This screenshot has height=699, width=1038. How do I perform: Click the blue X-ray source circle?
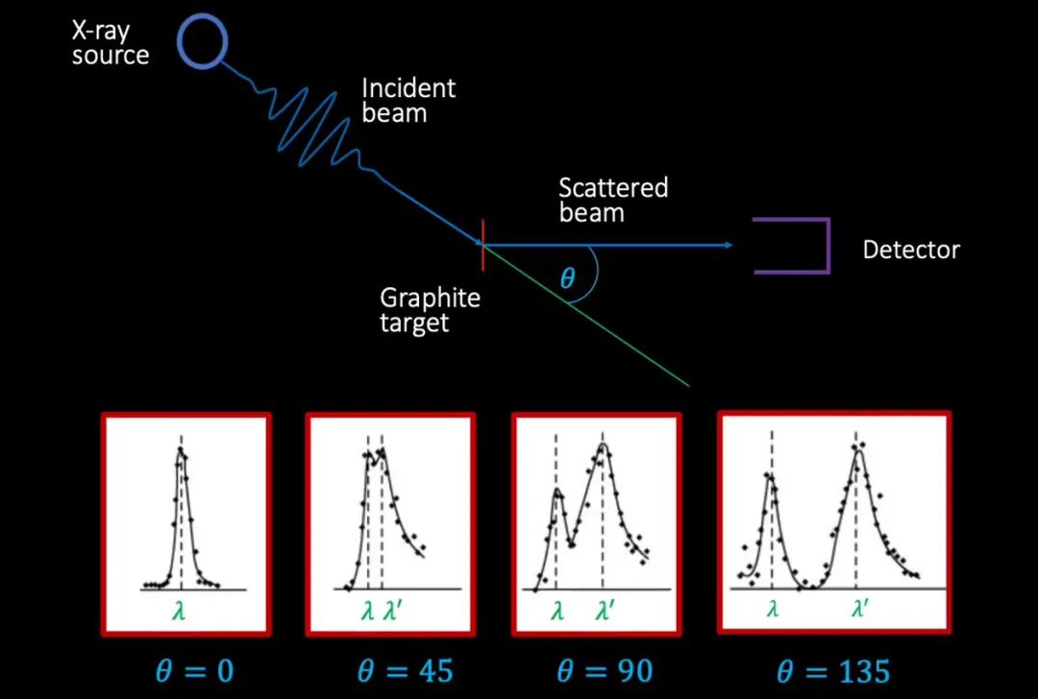(x=203, y=42)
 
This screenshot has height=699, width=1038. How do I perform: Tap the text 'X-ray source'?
(x=111, y=43)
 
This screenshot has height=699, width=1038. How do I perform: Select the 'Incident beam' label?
(x=408, y=101)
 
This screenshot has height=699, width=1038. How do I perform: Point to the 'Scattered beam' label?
(x=613, y=200)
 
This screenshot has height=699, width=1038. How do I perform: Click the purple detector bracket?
(x=792, y=246)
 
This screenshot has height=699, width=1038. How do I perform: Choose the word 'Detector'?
(x=911, y=250)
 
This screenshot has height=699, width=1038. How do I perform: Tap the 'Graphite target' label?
(x=430, y=310)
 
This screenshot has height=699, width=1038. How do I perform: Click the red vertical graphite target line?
(x=483, y=245)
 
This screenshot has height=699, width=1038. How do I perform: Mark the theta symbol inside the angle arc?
(x=567, y=278)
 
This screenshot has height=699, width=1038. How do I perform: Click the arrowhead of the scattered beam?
(x=729, y=246)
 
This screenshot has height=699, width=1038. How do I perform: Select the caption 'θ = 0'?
(x=194, y=672)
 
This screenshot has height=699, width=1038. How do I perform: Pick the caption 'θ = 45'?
(x=406, y=672)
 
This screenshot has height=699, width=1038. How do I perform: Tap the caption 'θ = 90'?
(x=605, y=672)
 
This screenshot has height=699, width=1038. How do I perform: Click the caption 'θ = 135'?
(x=832, y=672)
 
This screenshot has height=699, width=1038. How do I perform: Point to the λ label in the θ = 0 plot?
(x=179, y=611)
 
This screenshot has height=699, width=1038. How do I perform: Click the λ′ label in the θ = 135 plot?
(x=860, y=607)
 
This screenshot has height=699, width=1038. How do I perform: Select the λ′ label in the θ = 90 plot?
(x=605, y=611)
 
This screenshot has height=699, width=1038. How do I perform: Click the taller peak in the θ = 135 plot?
(x=858, y=451)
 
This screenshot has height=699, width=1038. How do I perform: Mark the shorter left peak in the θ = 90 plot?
(x=557, y=490)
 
